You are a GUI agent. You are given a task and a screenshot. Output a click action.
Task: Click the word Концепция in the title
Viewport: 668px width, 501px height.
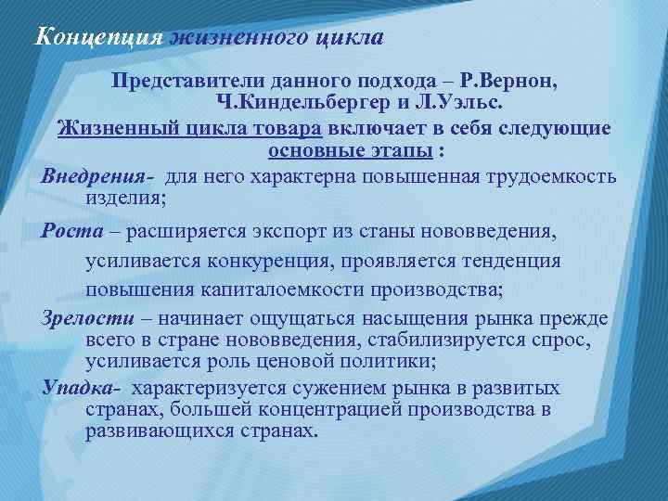97,38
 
